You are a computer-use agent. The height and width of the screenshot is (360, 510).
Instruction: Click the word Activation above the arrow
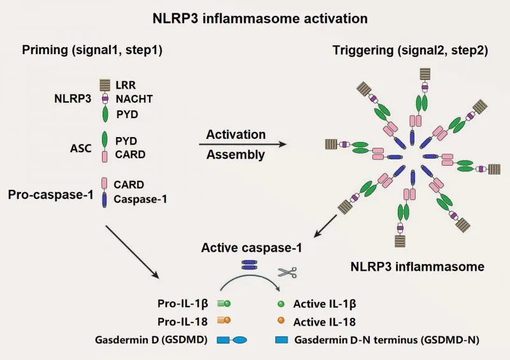click(x=236, y=134)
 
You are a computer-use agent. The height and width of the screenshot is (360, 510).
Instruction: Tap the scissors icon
click(x=286, y=272)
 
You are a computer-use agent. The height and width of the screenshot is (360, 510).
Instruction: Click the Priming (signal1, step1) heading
click(x=92, y=50)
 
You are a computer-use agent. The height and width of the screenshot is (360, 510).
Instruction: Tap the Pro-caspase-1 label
click(x=54, y=192)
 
